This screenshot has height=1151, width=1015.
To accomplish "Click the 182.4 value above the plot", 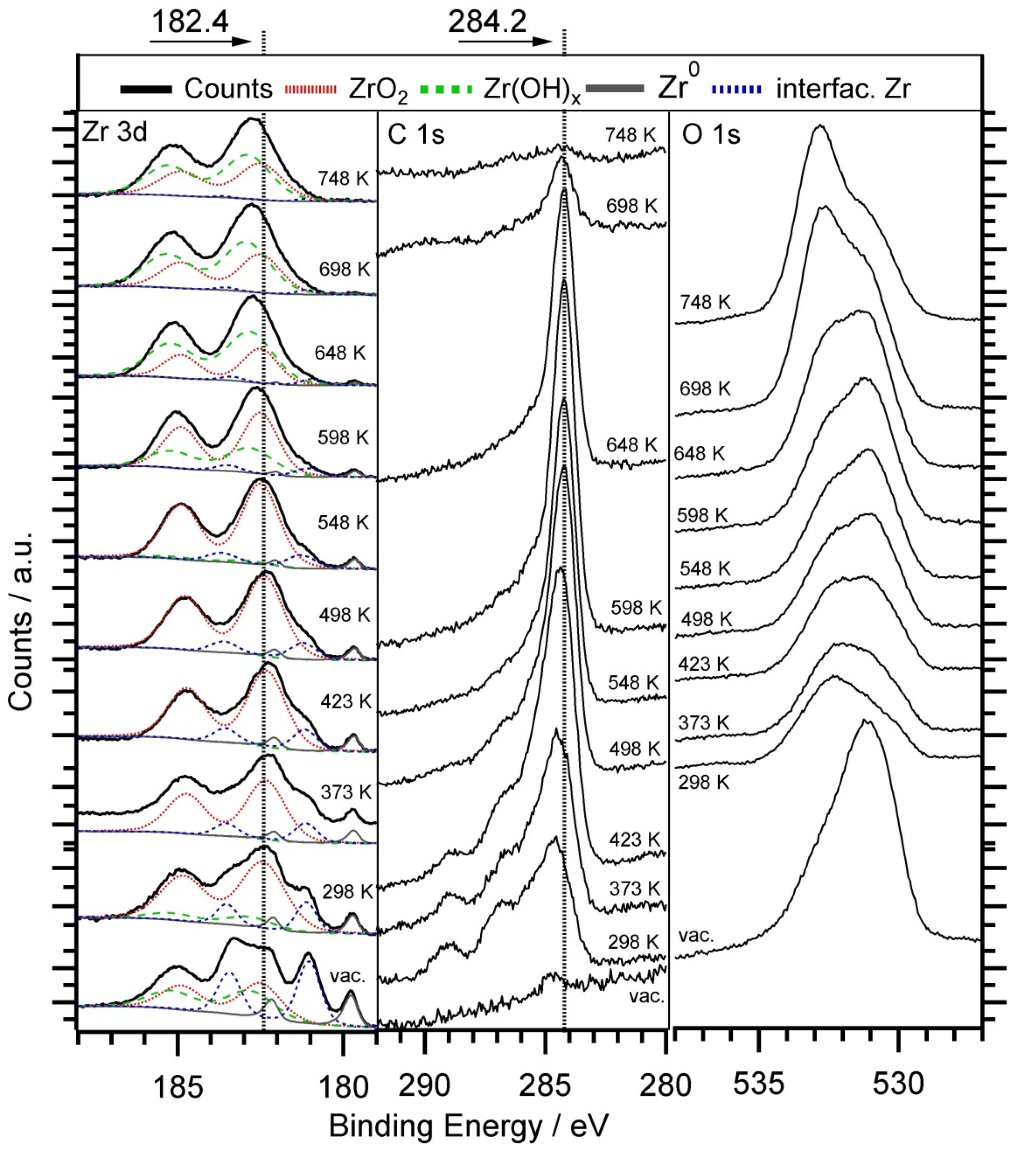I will pyautogui.click(x=190, y=23).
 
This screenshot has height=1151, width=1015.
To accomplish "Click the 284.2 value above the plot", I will pyautogui.click(x=487, y=23).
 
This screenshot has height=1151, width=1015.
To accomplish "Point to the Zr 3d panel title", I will pyautogui.click(x=115, y=133).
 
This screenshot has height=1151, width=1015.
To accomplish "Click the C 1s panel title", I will pyautogui.click(x=416, y=135).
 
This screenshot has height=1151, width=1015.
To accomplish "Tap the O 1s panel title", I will pyautogui.click(x=711, y=135).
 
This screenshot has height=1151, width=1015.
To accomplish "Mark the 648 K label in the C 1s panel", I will pyautogui.click(x=631, y=445).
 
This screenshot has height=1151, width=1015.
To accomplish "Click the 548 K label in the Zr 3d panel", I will pyautogui.click(x=343, y=522).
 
